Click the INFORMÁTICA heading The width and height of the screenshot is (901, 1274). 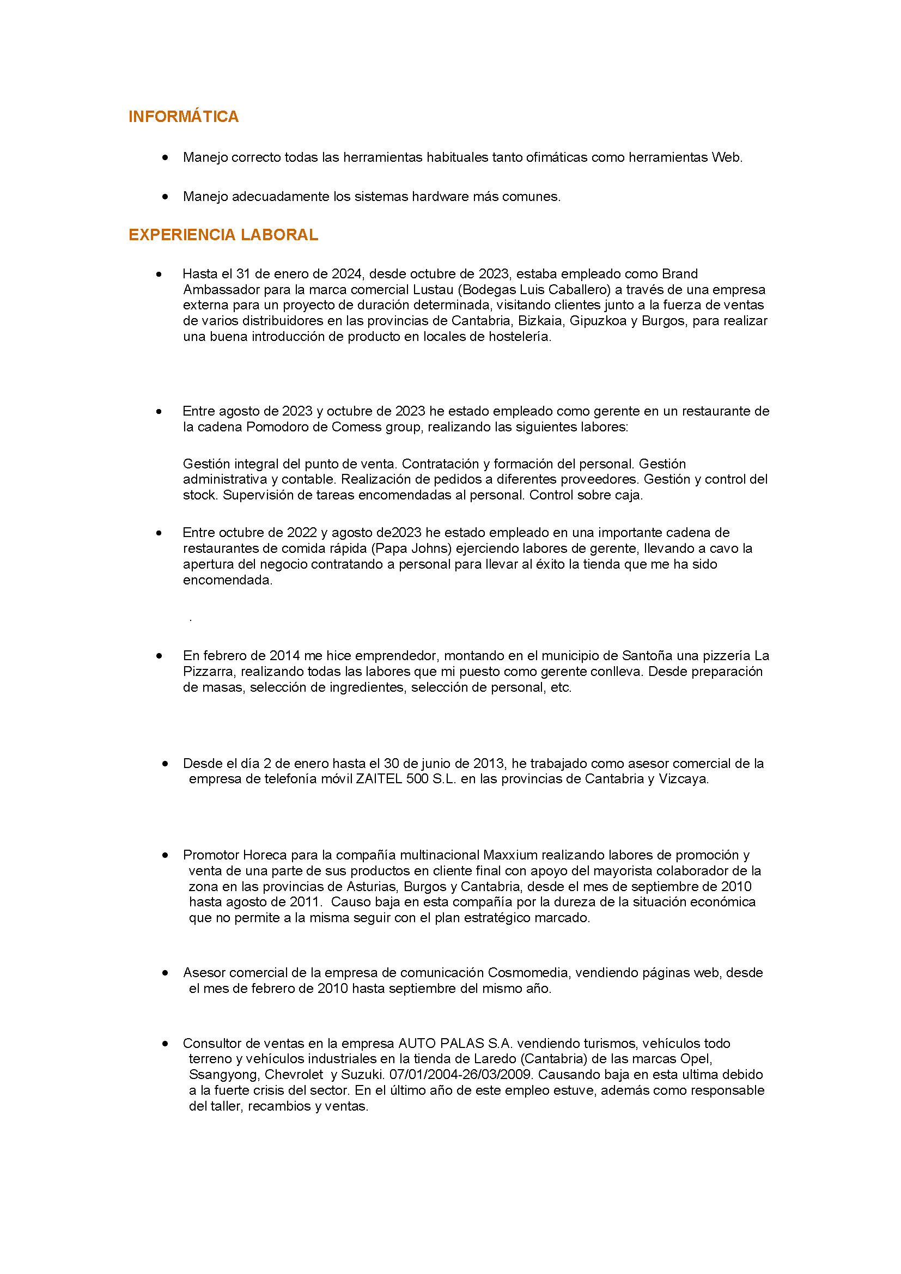[183, 117]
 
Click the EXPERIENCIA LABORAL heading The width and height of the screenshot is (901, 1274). [223, 235]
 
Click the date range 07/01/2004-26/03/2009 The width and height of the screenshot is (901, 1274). [461, 1075]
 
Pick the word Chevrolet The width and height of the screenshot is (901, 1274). [294, 1075]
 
